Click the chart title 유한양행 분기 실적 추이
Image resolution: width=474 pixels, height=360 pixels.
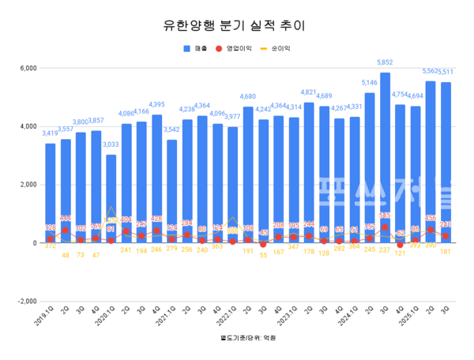pyautogui.click(x=236, y=24)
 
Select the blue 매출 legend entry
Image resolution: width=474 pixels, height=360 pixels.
pyautogui.click(x=194, y=48)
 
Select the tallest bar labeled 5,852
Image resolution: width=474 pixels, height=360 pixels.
pyautogui.click(x=385, y=158)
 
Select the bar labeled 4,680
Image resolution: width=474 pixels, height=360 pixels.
pyautogui.click(x=248, y=174)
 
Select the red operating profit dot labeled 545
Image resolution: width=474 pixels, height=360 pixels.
pyautogui.click(x=385, y=227)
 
